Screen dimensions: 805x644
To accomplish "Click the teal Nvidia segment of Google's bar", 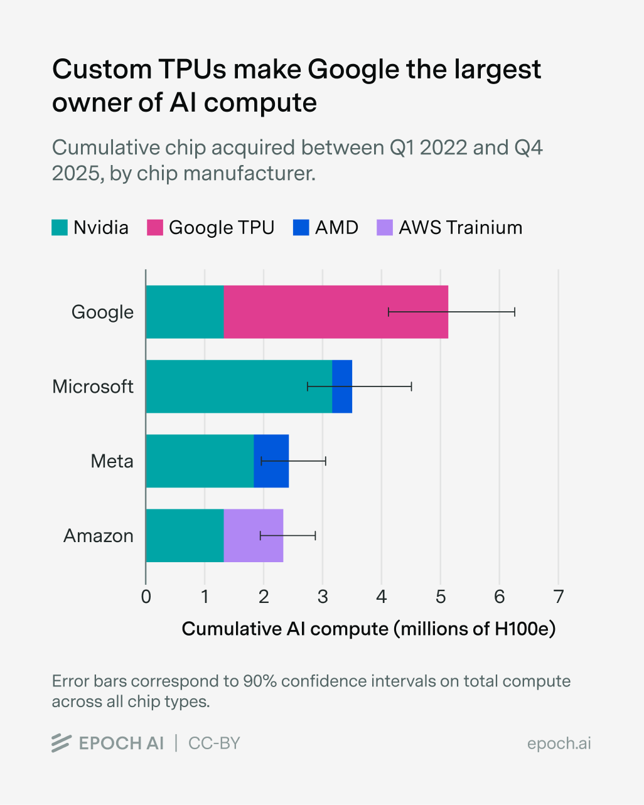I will point(185,312).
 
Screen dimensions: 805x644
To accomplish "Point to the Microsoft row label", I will point(93,387).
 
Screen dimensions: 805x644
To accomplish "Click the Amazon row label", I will point(99,536).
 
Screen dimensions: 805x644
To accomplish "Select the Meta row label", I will point(112,461).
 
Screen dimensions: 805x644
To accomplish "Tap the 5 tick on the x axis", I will point(441,596).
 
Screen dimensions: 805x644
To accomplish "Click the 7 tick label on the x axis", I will point(558,596).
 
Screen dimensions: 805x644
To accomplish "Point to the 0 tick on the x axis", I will point(146,596).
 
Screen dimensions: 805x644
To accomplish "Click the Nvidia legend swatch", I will point(59,228).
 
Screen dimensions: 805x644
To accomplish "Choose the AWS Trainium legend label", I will point(460,228).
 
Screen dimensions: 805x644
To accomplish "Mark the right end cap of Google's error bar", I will point(515,312).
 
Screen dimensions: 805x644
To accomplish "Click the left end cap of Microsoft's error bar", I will point(308,387).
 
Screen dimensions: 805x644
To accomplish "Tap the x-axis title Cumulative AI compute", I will point(368,629).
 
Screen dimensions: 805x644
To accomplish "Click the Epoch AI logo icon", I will point(61,743).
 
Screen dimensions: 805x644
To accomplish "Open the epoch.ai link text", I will point(559,744).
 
